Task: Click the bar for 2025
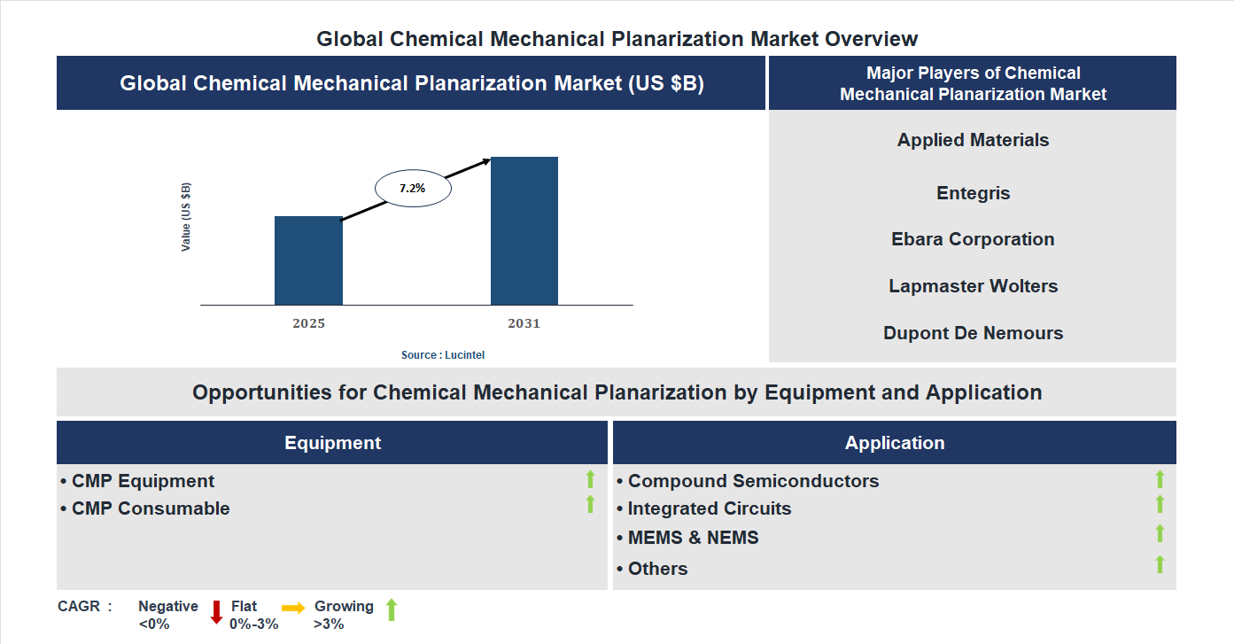pos(308,260)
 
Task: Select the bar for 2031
pos(524,231)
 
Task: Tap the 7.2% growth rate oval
pos(413,189)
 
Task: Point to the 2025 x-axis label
pos(308,323)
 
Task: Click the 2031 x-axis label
pos(524,323)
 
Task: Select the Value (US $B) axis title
pos(186,217)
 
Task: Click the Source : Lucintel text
pos(443,354)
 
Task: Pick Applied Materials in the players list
pos(973,140)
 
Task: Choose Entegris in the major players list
pos(973,193)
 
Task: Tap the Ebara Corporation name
pos(973,239)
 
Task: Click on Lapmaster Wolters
pos(973,286)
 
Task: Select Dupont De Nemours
pos(973,333)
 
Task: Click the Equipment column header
pos(332,443)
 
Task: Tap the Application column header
pos(894,443)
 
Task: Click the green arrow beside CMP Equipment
pos(590,479)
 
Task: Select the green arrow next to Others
pos(1160,564)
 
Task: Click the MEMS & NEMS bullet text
pos(693,538)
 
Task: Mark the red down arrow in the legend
pos(216,612)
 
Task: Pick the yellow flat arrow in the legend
pos(293,608)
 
